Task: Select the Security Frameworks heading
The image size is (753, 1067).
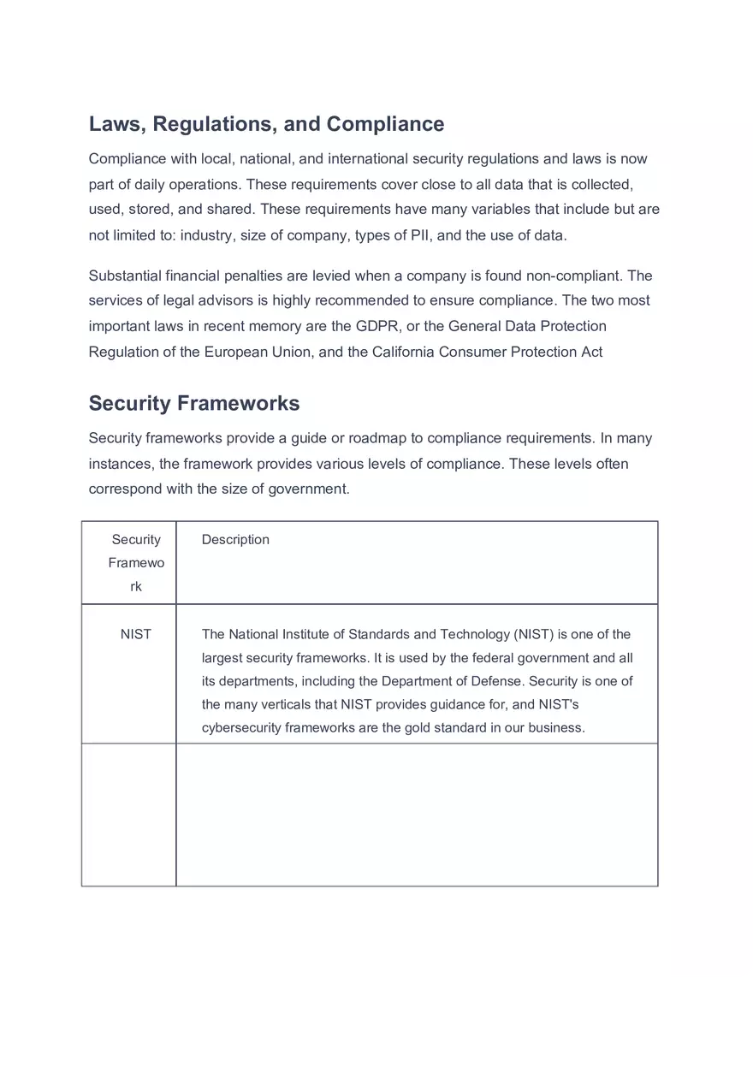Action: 194,403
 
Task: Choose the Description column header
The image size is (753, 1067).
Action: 235,539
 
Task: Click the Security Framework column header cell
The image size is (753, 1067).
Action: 136,562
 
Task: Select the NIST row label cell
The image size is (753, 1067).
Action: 136,634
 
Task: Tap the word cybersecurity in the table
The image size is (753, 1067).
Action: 241,728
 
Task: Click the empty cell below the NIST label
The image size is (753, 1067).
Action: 129,814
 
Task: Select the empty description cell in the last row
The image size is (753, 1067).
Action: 417,814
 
